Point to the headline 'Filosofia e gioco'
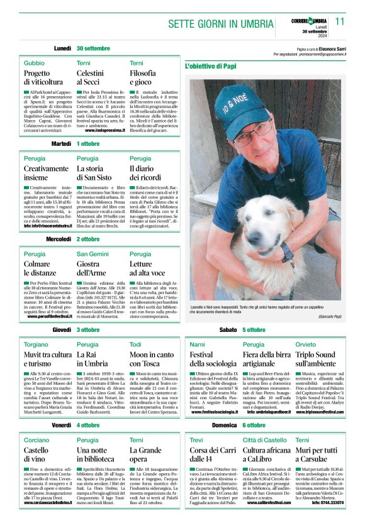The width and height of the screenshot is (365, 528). [143, 77]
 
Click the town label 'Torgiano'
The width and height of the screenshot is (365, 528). [35, 345]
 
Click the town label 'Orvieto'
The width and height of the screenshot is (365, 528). [305, 345]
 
